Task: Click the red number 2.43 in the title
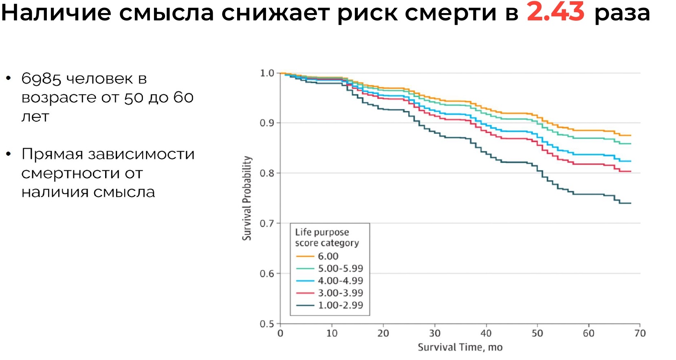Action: click(x=555, y=12)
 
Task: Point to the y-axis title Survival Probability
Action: click(x=247, y=198)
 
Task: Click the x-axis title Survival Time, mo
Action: click(x=460, y=347)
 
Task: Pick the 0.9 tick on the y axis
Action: click(x=267, y=123)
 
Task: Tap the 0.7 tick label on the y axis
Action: click(x=267, y=223)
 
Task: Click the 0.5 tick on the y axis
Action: click(x=267, y=324)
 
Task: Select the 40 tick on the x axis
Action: click(x=486, y=333)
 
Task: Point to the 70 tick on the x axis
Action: click(x=640, y=333)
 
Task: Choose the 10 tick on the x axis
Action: click(x=332, y=333)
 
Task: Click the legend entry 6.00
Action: click(x=328, y=256)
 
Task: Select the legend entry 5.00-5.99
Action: click(x=340, y=269)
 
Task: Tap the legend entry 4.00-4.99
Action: click(x=340, y=281)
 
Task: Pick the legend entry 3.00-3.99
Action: click(x=340, y=293)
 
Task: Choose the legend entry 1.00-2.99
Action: click(x=340, y=305)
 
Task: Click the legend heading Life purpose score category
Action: click(x=327, y=238)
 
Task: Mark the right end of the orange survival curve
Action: click(x=631, y=135)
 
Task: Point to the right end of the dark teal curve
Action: click(x=631, y=203)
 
